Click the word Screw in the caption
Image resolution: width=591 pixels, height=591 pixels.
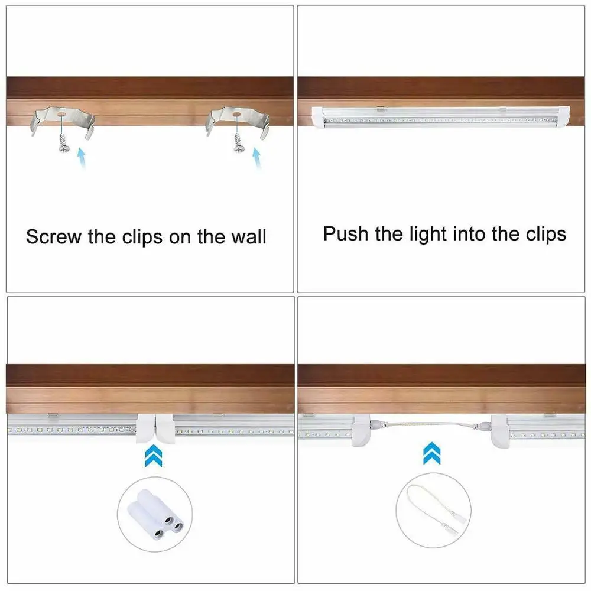54,237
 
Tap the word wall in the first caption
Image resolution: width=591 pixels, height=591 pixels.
249,237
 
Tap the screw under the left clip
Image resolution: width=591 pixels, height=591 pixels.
64,142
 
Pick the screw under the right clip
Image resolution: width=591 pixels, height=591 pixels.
239,142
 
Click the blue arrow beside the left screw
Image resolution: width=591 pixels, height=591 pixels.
82,158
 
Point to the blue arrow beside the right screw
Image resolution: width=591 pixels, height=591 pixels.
257,158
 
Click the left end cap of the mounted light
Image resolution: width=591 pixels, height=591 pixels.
318,116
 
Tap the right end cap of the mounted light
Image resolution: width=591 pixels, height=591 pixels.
563,117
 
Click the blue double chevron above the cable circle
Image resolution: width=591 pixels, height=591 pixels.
432,453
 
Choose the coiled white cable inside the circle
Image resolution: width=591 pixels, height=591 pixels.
433,509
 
